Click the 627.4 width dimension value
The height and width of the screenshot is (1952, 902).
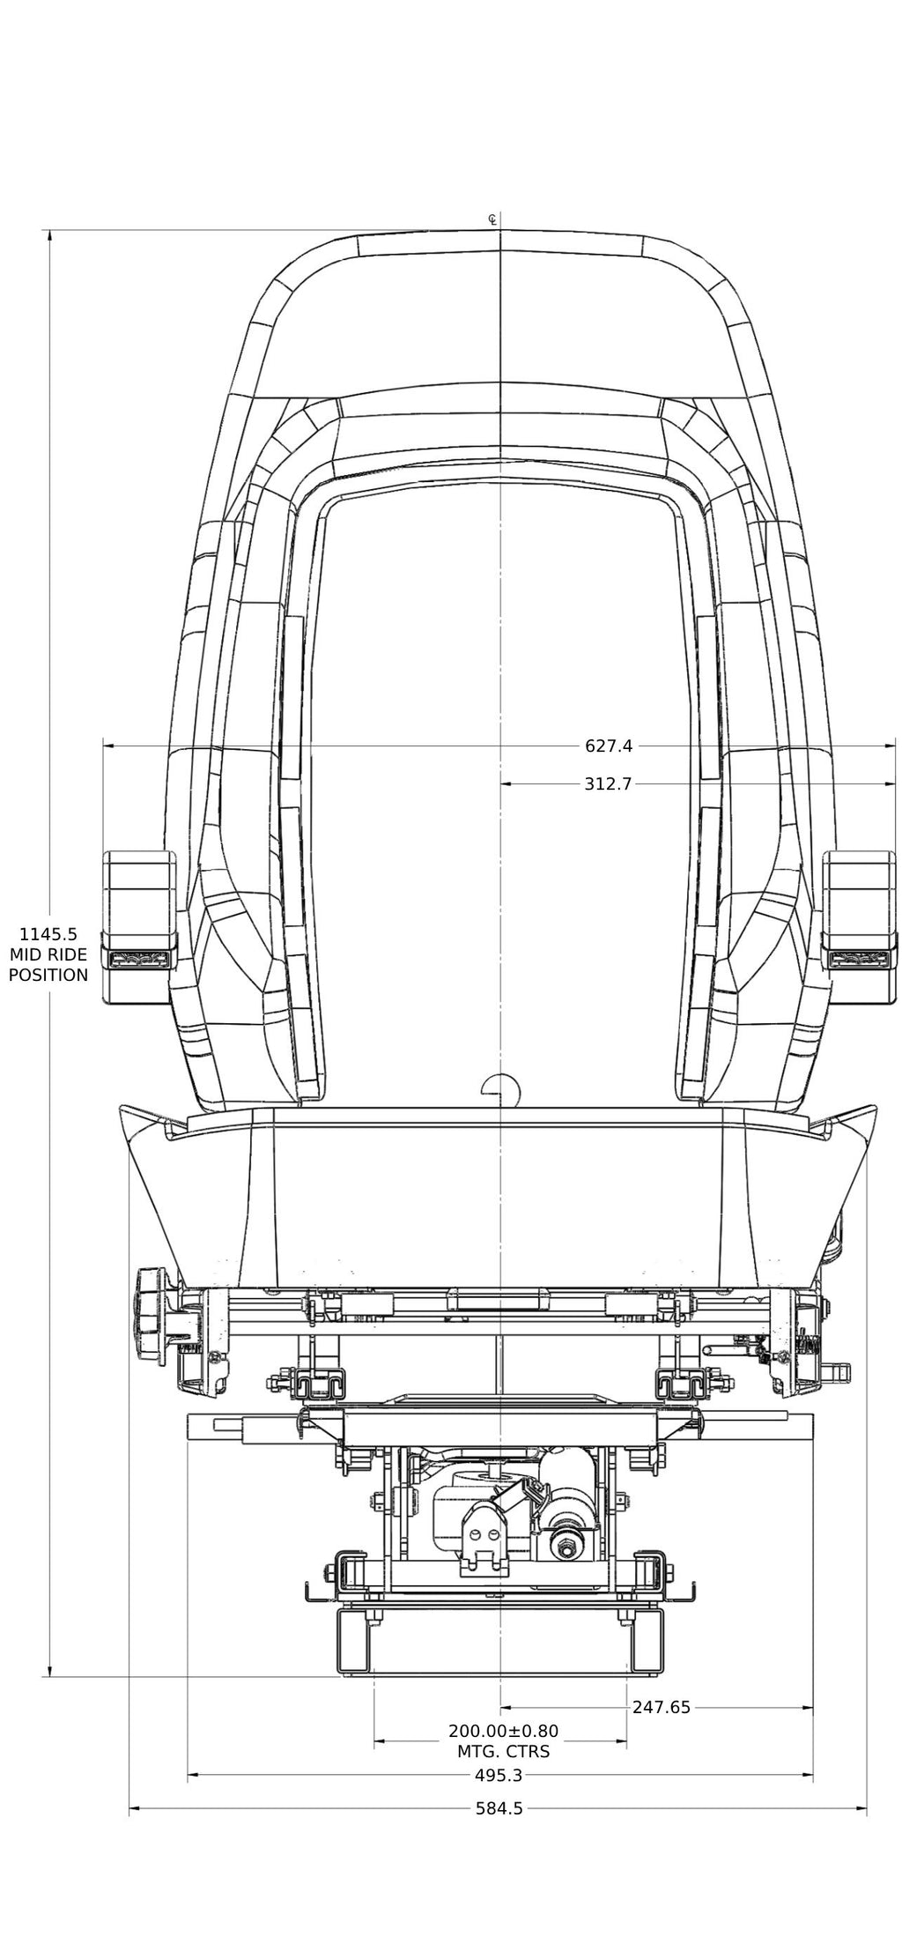pos(609,746)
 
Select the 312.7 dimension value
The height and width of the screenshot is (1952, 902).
pos(608,783)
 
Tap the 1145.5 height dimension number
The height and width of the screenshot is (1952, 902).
pos(49,933)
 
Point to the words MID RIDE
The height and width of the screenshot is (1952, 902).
pos(48,954)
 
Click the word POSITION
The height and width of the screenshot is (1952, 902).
pos(48,975)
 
